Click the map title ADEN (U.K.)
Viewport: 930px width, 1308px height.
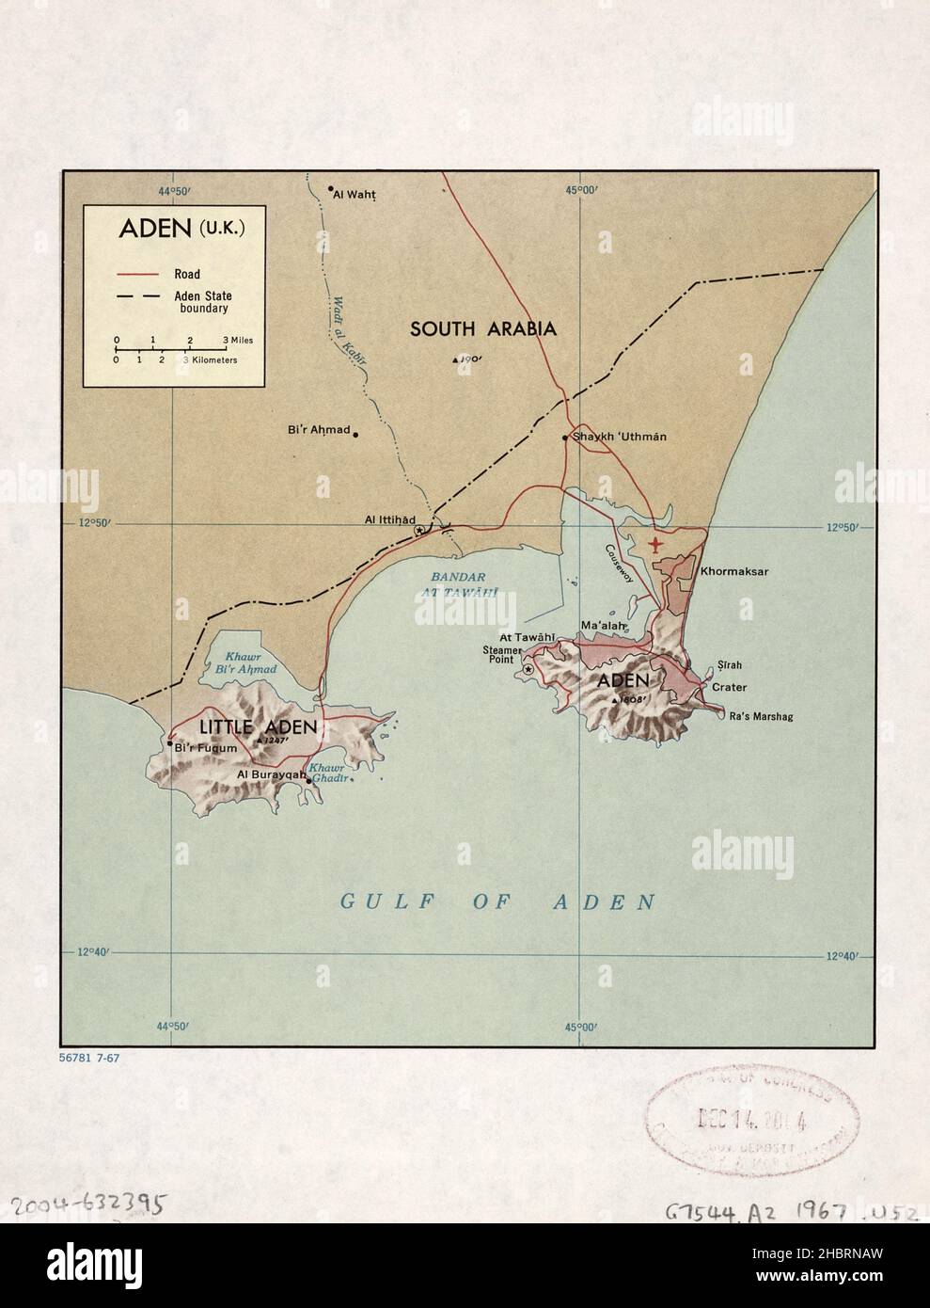181,229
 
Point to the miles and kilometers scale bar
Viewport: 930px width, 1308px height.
169,349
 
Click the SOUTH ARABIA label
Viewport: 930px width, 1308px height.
482,328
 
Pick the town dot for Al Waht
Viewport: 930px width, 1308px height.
331,189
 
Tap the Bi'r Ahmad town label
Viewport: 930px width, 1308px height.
318,431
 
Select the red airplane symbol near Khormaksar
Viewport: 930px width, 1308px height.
655,544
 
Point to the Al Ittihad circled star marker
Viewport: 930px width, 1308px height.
418,531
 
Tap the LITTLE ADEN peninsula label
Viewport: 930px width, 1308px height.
257,727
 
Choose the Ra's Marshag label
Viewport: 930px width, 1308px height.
761,717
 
